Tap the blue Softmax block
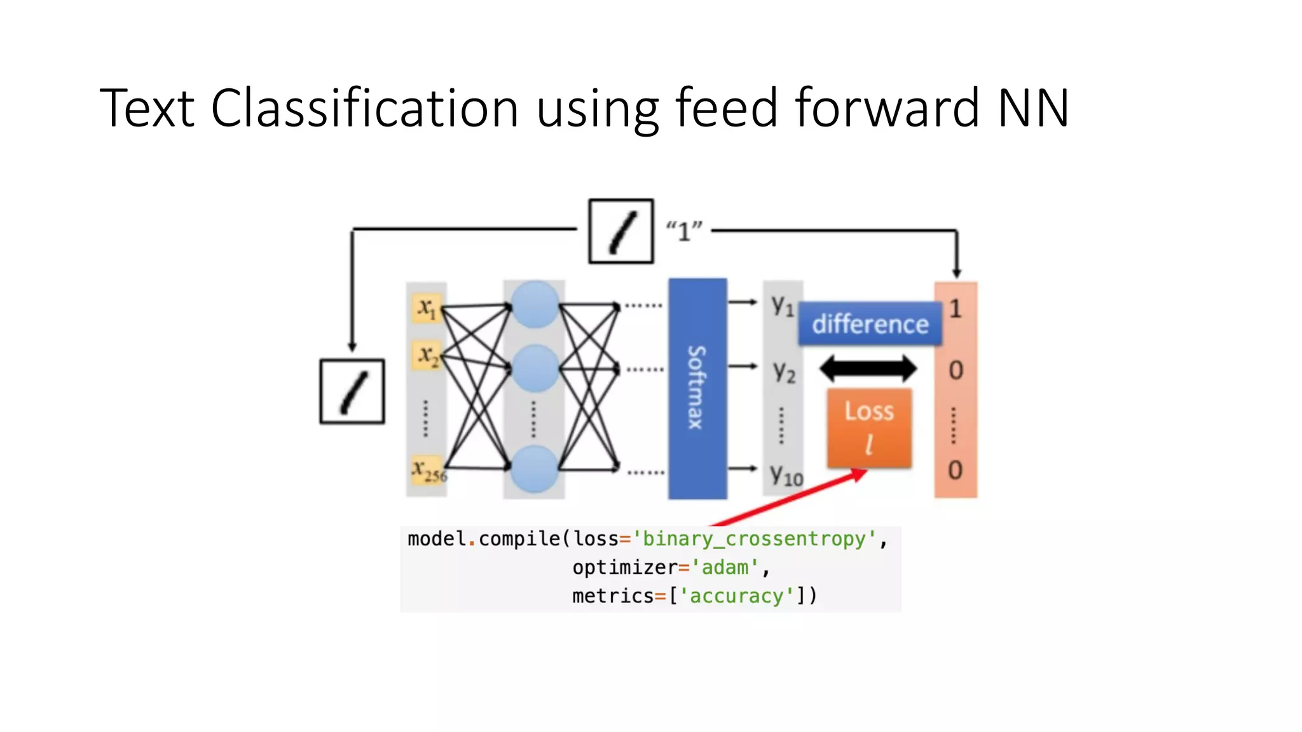pyautogui.click(x=697, y=388)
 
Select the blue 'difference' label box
pyautogui.click(x=870, y=324)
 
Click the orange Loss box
pyautogui.click(x=869, y=428)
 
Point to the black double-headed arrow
pyautogui.click(x=868, y=368)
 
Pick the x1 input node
pyautogui.click(x=427, y=308)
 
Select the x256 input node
pyautogui.click(x=428, y=470)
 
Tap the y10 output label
pyautogui.click(x=786, y=475)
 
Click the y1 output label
pyautogui.click(x=783, y=306)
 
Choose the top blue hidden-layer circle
pyautogui.click(x=535, y=304)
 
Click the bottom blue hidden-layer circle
pyautogui.click(x=535, y=469)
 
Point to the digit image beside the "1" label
pyautogui.click(x=621, y=231)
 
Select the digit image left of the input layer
pyautogui.click(x=352, y=391)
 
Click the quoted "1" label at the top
pyautogui.click(x=684, y=231)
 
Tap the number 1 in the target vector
pyautogui.click(x=955, y=309)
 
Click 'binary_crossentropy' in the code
pyautogui.click(x=755, y=539)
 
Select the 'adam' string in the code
pyautogui.click(x=725, y=567)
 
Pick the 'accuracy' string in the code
pyautogui.click(x=737, y=595)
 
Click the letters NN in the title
pyautogui.click(x=1033, y=108)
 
